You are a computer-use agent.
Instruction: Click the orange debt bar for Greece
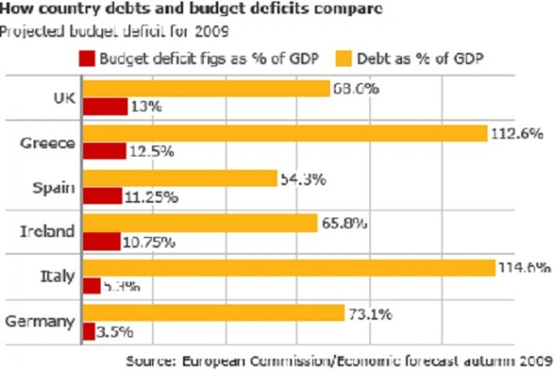point(285,133)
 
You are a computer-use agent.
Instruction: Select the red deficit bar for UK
point(106,106)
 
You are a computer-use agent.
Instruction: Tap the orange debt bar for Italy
point(290,267)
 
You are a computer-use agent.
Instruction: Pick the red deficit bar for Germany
point(89,330)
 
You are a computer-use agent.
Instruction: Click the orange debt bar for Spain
point(180,178)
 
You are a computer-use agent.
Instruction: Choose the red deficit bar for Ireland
point(102,241)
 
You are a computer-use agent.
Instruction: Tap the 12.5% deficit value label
point(152,151)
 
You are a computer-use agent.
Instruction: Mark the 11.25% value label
point(154,197)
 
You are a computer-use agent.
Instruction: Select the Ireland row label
point(48,231)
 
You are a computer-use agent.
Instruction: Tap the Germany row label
point(42,321)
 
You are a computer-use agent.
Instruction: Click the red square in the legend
point(86,59)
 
